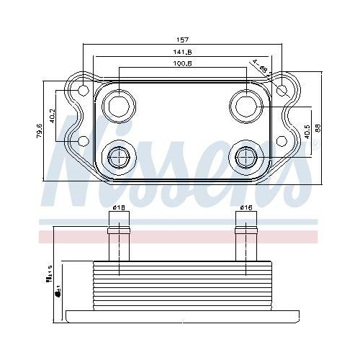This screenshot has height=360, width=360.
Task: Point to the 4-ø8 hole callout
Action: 261,66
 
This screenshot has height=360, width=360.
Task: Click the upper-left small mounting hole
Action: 84,91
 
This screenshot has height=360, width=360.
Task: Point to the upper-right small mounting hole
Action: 282,90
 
